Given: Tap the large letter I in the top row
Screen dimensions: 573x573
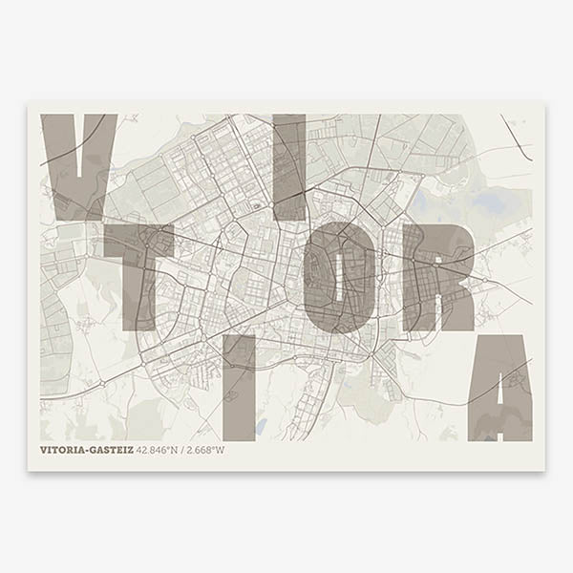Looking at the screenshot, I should (x=290, y=168).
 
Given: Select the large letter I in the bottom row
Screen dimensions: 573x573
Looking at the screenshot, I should (x=239, y=388).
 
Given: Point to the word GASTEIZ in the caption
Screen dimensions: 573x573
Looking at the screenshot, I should (x=111, y=450).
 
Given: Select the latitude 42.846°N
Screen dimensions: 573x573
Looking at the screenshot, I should (x=158, y=450).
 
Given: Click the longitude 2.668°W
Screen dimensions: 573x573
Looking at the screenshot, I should (x=205, y=450).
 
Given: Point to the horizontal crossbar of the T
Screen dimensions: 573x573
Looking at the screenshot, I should (x=138, y=243).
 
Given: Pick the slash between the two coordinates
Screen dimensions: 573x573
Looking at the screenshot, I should (x=182, y=450).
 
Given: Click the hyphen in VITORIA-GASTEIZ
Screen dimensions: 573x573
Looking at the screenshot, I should (x=86, y=450).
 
